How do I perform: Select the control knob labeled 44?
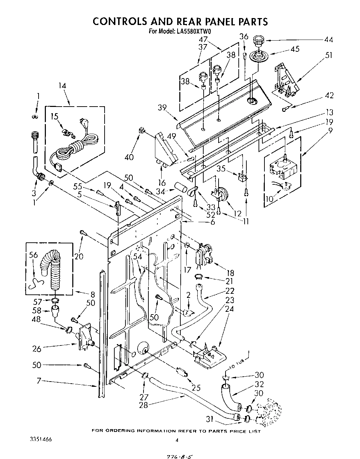click(258, 41)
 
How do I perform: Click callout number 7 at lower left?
click(39, 381)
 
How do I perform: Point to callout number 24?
click(230, 309)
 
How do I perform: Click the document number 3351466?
click(41, 439)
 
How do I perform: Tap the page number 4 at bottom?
click(177, 440)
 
